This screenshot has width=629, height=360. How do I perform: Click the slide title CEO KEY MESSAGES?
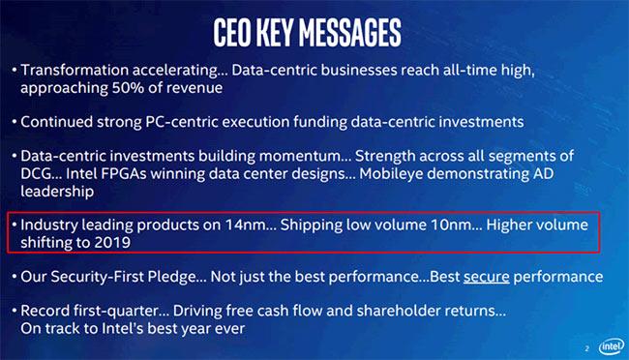pos(314,31)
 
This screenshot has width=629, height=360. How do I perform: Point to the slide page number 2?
pos(586,347)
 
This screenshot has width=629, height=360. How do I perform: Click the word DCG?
pos(42,174)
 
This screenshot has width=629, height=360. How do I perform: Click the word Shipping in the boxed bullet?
pos(319,225)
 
